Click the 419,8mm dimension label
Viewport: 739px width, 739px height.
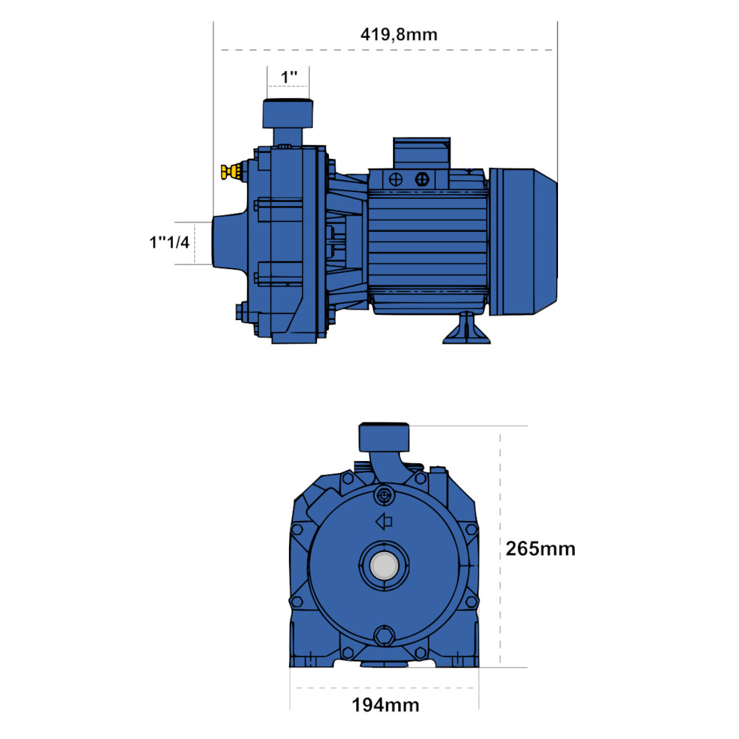coord(399,35)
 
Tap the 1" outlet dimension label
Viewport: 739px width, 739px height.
coord(289,77)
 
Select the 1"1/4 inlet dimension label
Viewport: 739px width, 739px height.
coord(169,242)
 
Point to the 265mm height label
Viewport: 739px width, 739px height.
coord(540,548)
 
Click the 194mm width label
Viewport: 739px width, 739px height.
coord(386,705)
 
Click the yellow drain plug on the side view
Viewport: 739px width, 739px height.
coord(231,171)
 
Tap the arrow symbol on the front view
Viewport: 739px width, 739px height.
coord(384,522)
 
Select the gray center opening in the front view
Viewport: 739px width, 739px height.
coord(384,565)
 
